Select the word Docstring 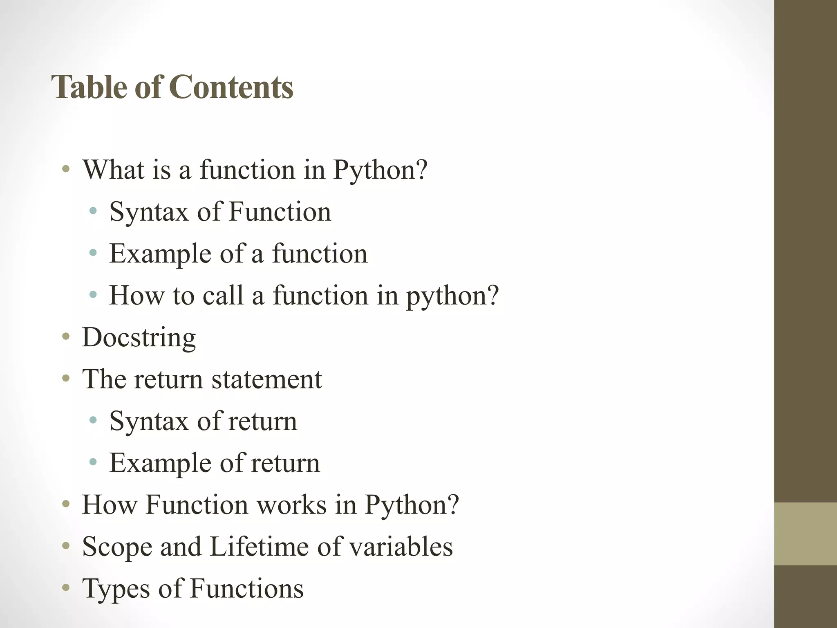[x=139, y=338]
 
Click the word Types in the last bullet [x=116, y=589]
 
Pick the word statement [x=266, y=379]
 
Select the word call [x=223, y=295]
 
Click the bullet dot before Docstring [x=66, y=337]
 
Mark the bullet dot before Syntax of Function [x=93, y=211]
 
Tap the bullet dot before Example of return [x=93, y=462]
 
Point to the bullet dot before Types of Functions [x=66, y=588]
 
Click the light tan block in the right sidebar [x=805, y=534]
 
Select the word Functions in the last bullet [x=247, y=588]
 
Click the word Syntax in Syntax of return [x=149, y=421]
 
